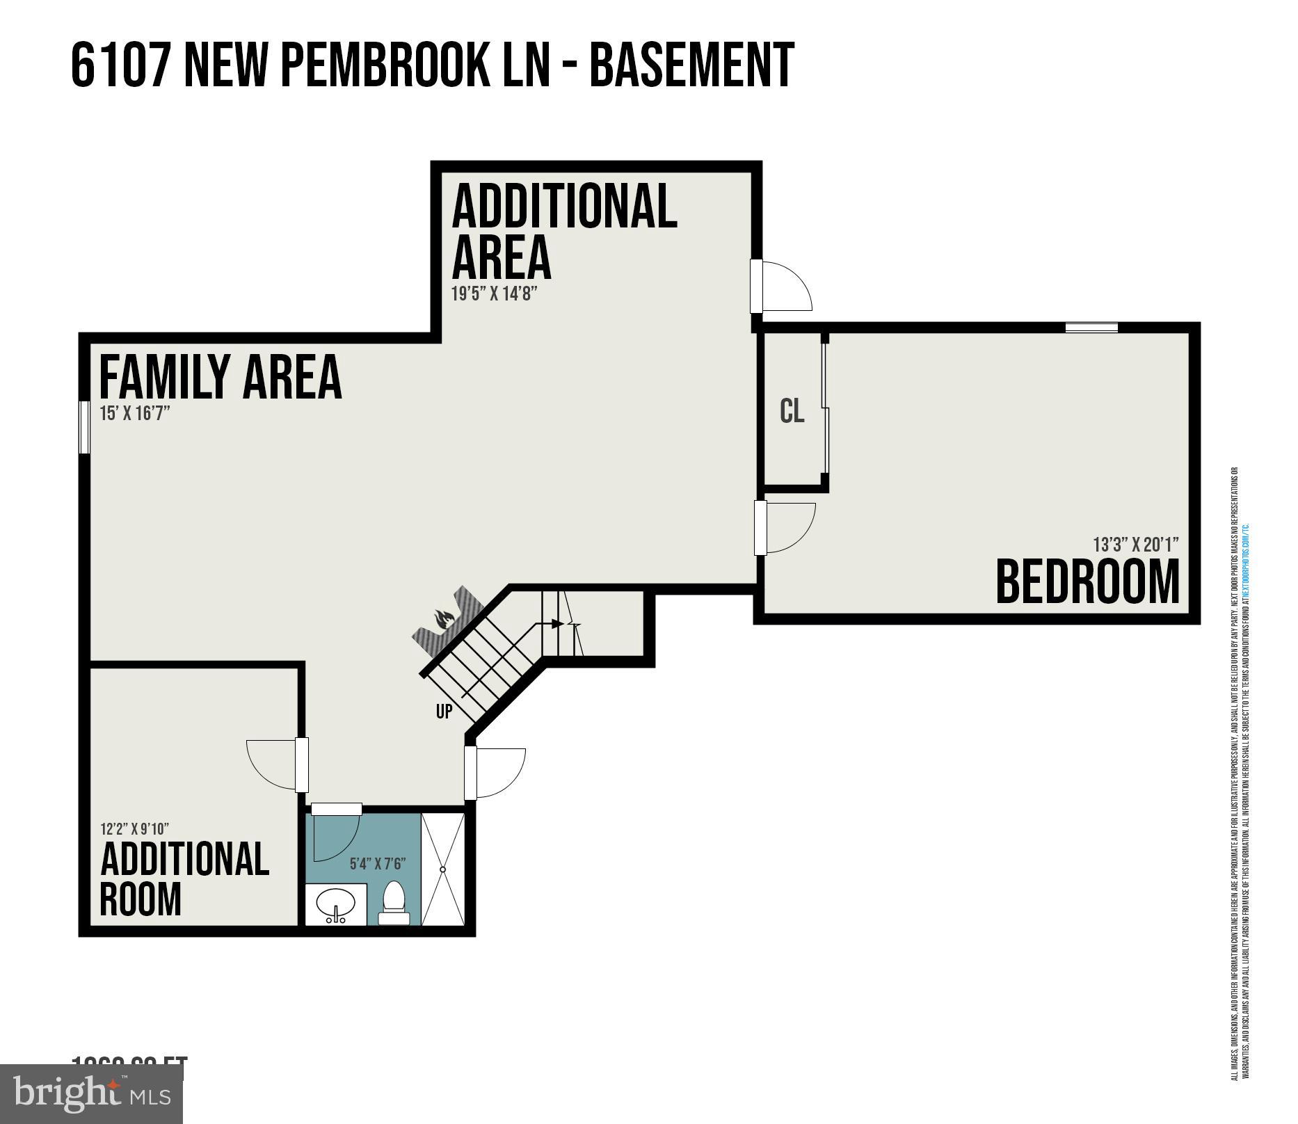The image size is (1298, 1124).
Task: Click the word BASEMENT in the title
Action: pyautogui.click(x=691, y=65)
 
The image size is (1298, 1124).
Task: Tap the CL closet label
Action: pyautogui.click(x=792, y=411)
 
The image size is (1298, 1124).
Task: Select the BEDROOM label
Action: pyautogui.click(x=1087, y=582)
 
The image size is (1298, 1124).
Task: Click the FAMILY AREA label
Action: pyautogui.click(x=220, y=377)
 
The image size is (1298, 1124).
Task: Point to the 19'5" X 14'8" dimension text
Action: pyautogui.click(x=495, y=294)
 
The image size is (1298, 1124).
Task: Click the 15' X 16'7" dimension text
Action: pyautogui.click(x=134, y=414)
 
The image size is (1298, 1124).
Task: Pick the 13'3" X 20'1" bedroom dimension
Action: pyautogui.click(x=1135, y=544)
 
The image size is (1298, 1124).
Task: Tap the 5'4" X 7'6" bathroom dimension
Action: pyautogui.click(x=377, y=864)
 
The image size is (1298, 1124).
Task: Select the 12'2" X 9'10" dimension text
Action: pyautogui.click(x=134, y=829)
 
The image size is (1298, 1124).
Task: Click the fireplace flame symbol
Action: pyautogui.click(x=444, y=618)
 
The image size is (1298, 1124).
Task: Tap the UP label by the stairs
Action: pyautogui.click(x=444, y=712)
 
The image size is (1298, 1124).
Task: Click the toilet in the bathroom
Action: pyautogui.click(x=394, y=903)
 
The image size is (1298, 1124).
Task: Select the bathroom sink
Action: pyautogui.click(x=335, y=904)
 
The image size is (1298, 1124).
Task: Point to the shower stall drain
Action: pyautogui.click(x=442, y=869)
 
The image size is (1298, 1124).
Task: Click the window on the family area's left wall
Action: pyautogui.click(x=84, y=427)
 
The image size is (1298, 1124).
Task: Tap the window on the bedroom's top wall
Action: pyautogui.click(x=1091, y=327)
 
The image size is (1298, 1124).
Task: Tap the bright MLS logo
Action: pyautogui.click(x=91, y=1093)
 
